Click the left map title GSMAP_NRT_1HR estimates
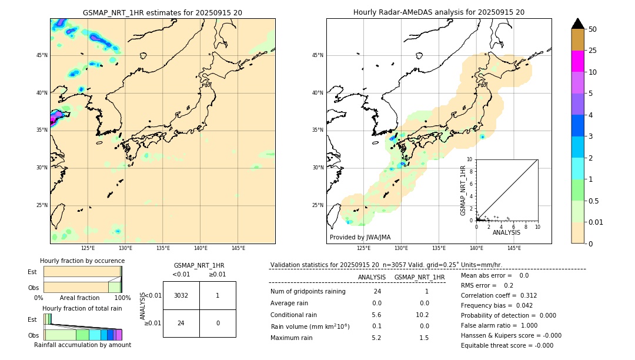point(162,12)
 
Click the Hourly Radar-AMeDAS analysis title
point(439,12)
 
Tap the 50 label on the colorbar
point(593,29)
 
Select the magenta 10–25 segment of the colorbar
point(578,61)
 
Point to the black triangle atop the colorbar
point(578,24)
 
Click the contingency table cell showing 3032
point(181,295)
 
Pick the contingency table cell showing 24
point(181,323)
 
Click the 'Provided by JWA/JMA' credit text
point(360,237)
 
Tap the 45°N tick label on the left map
point(42,55)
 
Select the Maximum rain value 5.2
point(376,338)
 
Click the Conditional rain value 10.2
point(424,315)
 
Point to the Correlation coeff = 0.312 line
point(499,295)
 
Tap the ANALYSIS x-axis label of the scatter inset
point(506,232)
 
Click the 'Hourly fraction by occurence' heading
point(82,261)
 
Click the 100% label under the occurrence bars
point(122,298)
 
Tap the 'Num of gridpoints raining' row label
point(308,292)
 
